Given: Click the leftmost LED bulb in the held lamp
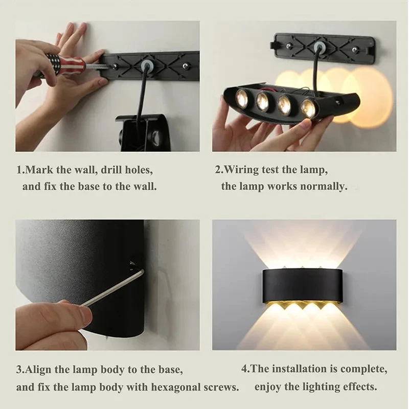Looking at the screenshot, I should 241,98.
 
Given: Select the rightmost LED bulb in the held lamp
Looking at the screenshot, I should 308,108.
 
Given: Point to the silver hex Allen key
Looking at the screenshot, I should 113,289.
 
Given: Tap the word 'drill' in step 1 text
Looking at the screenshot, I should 116,170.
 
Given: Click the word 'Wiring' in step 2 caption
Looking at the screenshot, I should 243,170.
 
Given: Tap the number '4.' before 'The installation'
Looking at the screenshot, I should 245,369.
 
